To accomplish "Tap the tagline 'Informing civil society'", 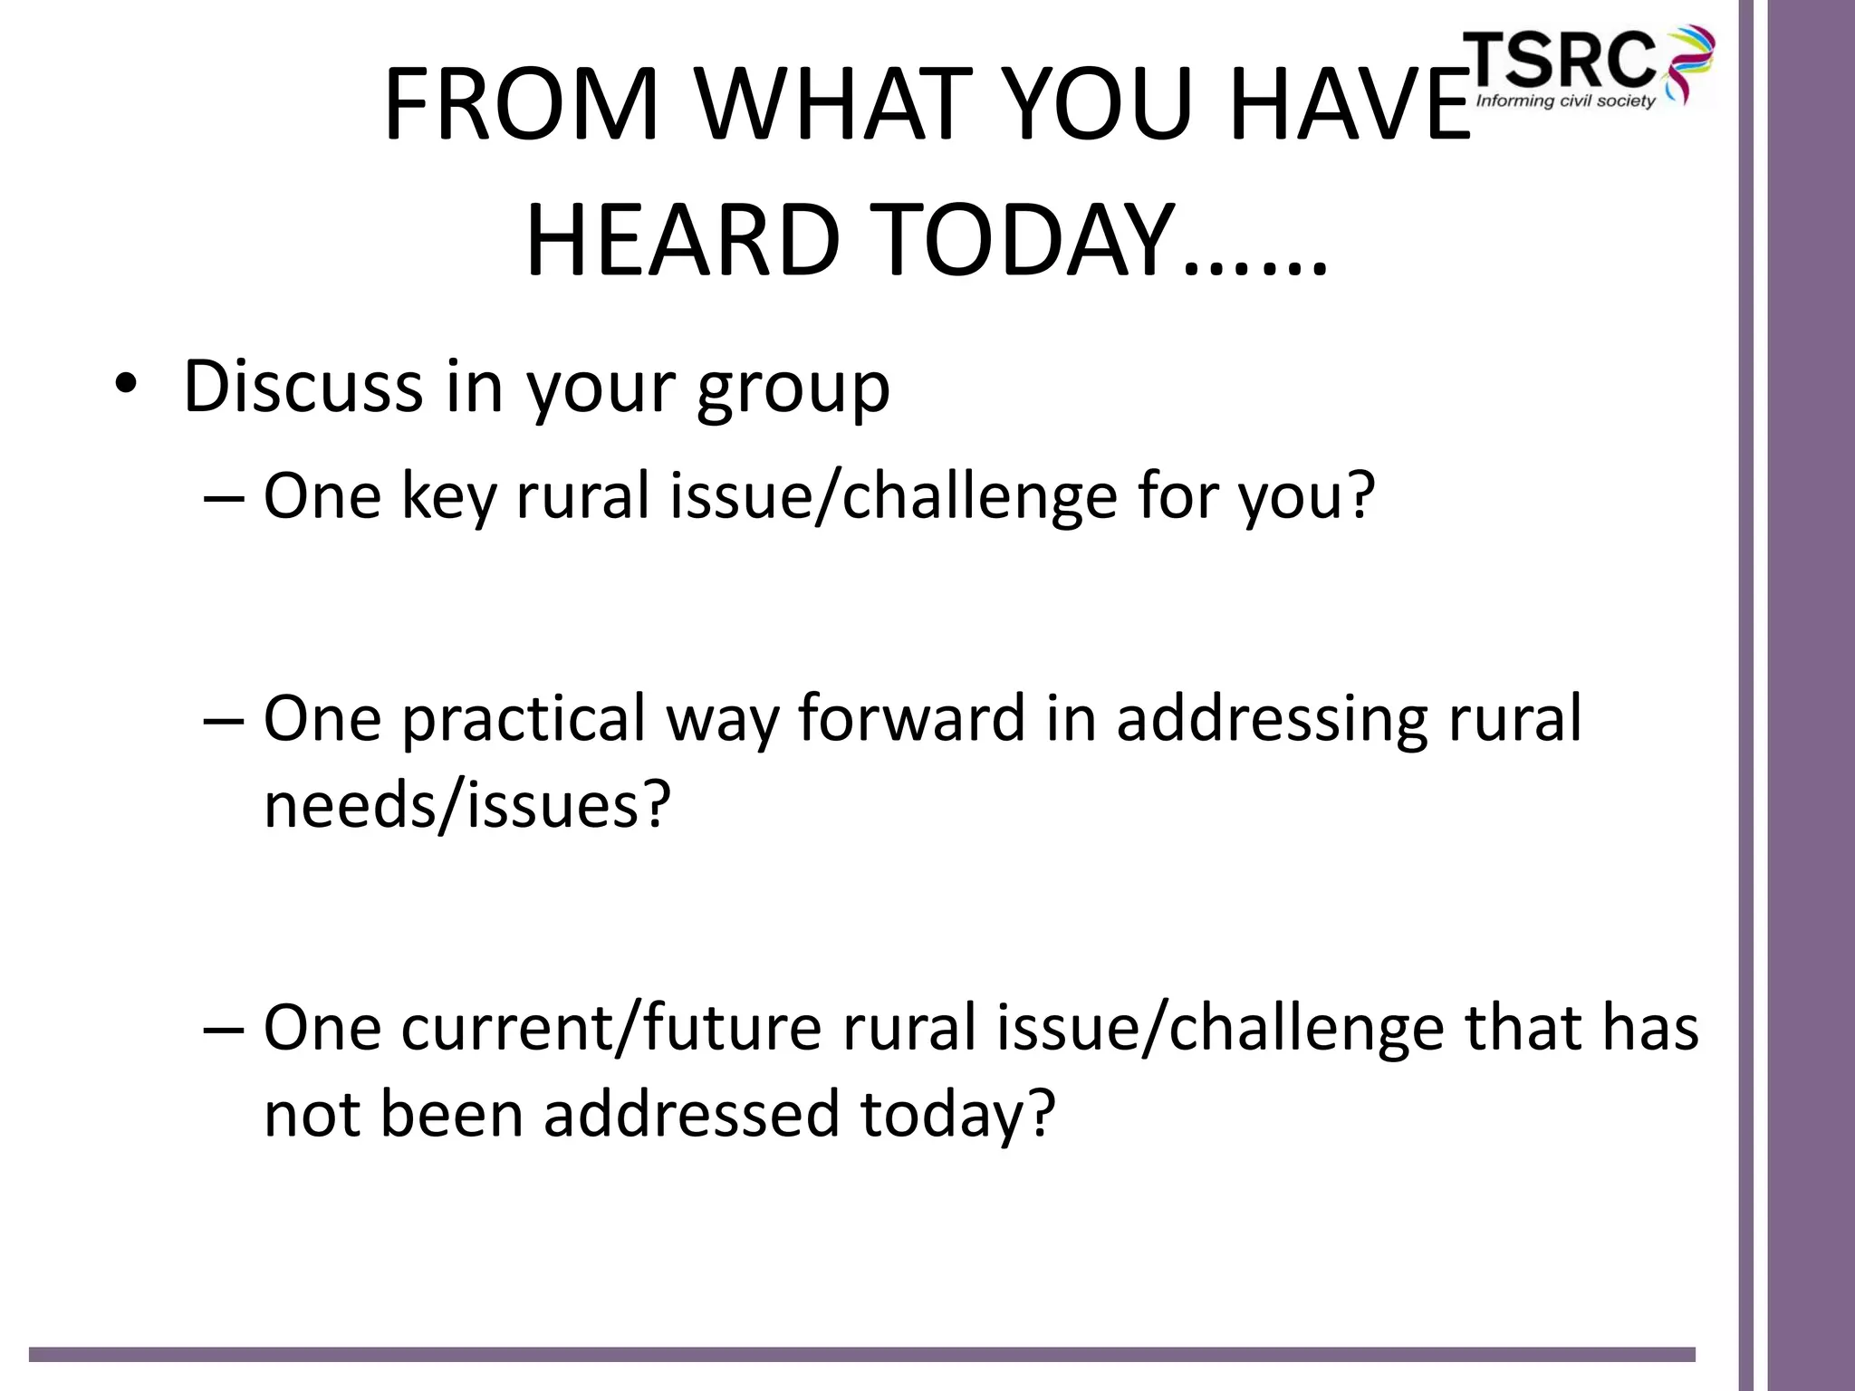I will tap(1565, 101).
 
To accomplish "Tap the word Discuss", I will tap(303, 388).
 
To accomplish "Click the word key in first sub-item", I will tap(449, 498).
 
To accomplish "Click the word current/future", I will tap(611, 1029).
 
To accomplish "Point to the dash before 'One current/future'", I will tap(224, 1030).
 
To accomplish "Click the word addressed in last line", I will tap(692, 1114).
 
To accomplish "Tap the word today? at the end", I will tap(958, 1116).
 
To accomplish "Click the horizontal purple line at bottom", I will tap(860, 1355).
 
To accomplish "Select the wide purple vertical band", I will tap(1811, 695).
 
